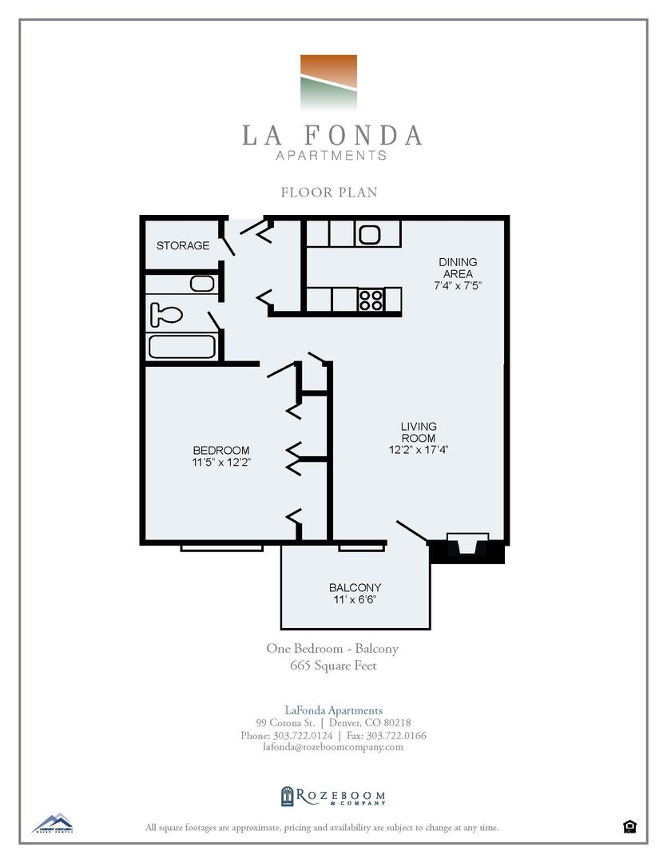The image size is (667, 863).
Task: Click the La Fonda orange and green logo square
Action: (x=328, y=82)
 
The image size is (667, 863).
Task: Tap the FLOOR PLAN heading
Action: (x=328, y=192)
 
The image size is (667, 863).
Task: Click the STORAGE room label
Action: (x=183, y=245)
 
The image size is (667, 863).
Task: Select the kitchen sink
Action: (x=370, y=234)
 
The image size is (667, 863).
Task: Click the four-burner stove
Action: (x=370, y=300)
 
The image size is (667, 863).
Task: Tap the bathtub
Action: (x=182, y=347)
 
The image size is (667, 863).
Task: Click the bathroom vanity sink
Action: (x=201, y=283)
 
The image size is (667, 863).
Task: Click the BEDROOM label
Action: (x=220, y=450)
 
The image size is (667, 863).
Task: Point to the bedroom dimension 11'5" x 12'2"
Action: (x=220, y=462)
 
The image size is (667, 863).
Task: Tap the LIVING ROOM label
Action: (x=419, y=432)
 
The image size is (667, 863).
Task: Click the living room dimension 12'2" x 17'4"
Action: (x=419, y=450)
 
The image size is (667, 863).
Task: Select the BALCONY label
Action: (x=354, y=587)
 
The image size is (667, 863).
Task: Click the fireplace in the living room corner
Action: (x=467, y=548)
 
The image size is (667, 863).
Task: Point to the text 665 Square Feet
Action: (x=332, y=665)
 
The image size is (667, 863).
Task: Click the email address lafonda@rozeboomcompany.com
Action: (x=333, y=747)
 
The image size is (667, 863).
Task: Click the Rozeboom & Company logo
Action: (x=333, y=796)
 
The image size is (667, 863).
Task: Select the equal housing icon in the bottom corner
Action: (x=629, y=826)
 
